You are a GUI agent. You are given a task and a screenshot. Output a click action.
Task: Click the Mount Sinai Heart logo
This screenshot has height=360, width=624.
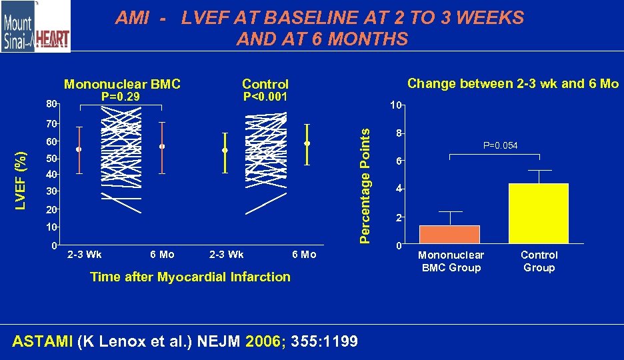point(35,27)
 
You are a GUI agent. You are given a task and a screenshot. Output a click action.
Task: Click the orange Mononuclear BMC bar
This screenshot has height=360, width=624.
point(449,235)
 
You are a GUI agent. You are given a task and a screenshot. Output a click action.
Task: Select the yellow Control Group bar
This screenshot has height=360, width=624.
point(538,213)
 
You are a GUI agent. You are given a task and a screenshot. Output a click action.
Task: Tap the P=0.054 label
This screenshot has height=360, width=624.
point(501,145)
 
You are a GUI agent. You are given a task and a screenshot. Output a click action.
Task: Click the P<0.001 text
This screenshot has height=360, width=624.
point(265,97)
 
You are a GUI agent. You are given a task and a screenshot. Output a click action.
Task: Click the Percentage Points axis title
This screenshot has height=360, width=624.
point(365,185)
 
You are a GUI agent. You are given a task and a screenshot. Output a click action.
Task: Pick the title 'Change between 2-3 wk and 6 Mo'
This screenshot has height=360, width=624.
point(513,83)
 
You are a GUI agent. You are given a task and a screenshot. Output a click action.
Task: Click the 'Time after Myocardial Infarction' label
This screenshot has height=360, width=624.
point(190,277)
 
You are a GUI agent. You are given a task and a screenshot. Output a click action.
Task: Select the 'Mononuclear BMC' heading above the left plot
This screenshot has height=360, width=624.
point(122,84)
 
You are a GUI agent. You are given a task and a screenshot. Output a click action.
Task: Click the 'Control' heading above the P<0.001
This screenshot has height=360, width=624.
point(265,84)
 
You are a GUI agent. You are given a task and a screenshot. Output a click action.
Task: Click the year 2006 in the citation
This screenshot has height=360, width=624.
point(265,342)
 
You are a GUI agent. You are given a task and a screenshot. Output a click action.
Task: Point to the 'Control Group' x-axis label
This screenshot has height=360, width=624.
point(539,261)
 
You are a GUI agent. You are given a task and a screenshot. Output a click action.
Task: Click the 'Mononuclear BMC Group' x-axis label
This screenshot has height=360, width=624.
point(451,261)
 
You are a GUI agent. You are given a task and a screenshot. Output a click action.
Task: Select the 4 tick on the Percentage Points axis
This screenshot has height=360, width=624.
point(397,189)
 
